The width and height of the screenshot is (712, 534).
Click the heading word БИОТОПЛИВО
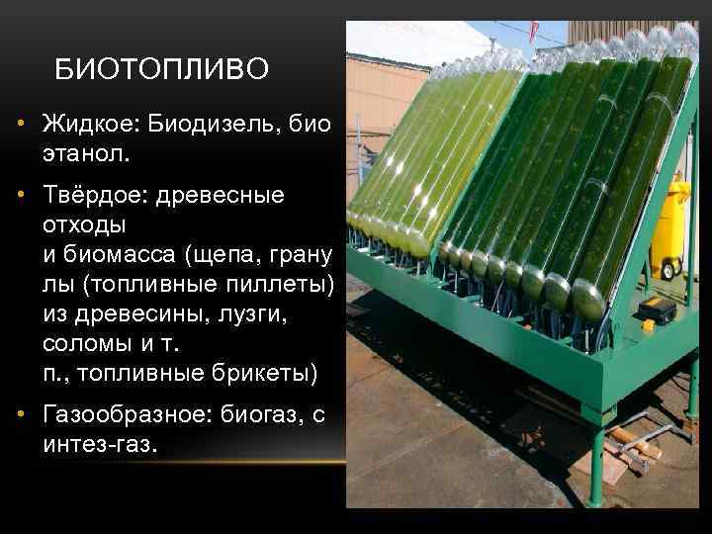(x=161, y=68)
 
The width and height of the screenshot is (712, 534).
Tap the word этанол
(x=86, y=155)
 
